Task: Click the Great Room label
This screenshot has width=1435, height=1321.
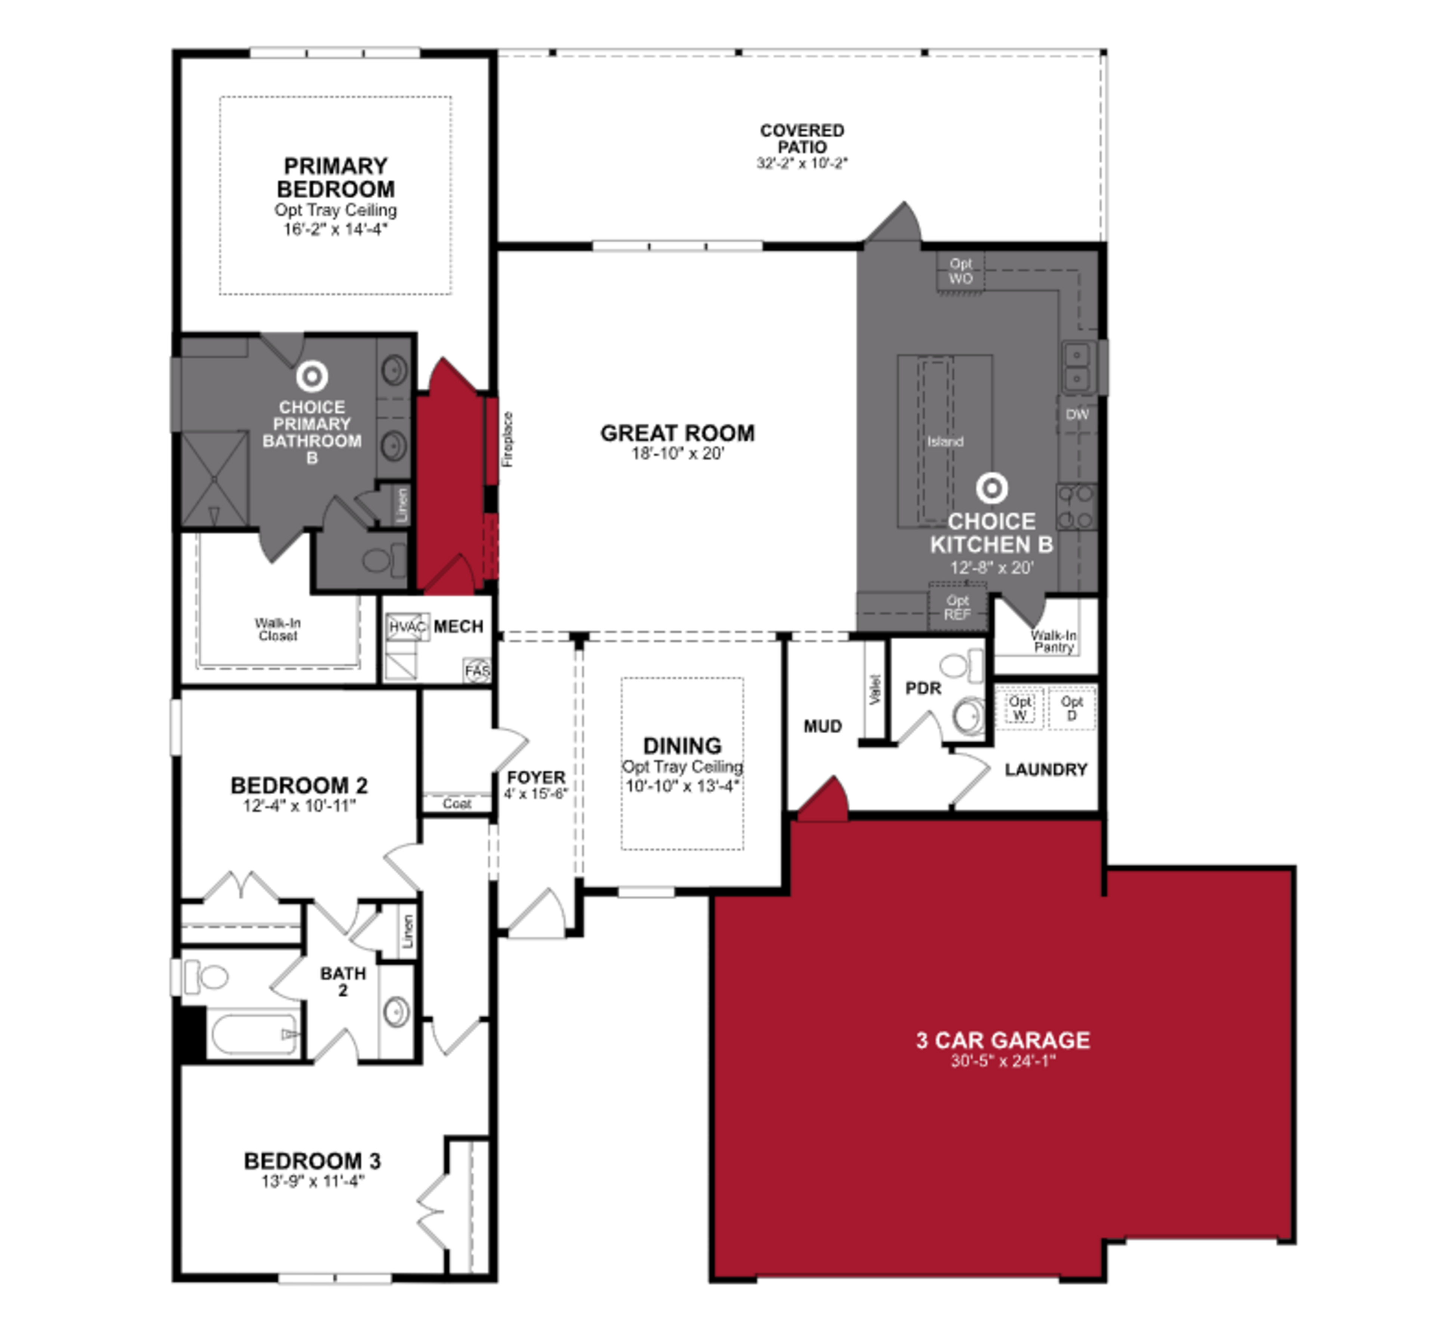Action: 677,433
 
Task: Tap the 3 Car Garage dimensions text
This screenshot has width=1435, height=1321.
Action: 1003,1061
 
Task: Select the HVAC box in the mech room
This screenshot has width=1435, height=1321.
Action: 407,627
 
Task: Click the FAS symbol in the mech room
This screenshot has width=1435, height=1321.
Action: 477,671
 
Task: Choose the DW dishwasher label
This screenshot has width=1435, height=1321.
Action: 1077,415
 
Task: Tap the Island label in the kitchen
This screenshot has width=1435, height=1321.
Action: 945,442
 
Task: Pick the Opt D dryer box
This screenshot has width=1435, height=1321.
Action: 1071,708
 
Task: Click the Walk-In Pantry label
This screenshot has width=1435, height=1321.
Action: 1053,641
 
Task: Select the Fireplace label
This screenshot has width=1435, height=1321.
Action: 507,440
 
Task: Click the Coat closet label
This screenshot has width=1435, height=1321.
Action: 457,804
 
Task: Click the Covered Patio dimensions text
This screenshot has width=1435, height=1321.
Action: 802,163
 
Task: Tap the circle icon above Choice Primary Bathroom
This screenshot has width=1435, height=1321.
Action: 312,376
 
